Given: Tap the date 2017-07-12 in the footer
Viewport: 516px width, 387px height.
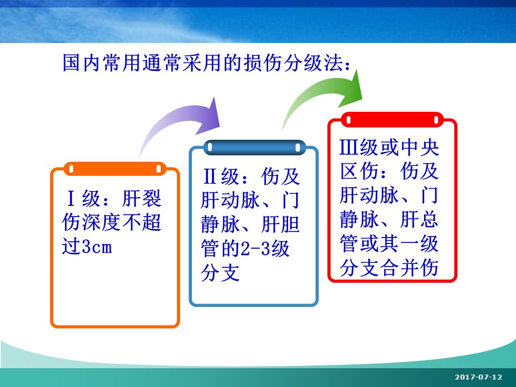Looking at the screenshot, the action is pyautogui.click(x=478, y=377).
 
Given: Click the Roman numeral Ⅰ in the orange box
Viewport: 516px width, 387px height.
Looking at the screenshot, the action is pyautogui.click(x=71, y=198).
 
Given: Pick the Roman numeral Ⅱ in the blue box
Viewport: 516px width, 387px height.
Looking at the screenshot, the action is pyautogui.click(x=210, y=177).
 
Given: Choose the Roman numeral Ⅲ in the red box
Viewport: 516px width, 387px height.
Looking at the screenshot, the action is pyautogui.click(x=349, y=147).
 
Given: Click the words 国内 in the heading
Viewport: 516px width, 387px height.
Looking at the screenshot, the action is pyautogui.click(x=81, y=62).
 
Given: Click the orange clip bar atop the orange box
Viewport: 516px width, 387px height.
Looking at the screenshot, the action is pyautogui.click(x=115, y=169).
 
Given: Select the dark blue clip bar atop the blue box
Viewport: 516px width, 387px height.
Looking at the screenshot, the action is pyautogui.click(x=254, y=147).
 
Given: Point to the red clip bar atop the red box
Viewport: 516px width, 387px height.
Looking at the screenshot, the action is pyautogui.click(x=392, y=120).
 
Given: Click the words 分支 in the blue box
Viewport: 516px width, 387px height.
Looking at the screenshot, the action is pyautogui.click(x=220, y=273).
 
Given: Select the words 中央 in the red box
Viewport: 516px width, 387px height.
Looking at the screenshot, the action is pyautogui.click(x=419, y=147).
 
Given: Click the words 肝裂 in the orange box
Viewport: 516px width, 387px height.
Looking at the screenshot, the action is pyautogui.click(x=141, y=198).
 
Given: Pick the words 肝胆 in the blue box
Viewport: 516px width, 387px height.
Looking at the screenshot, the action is pyautogui.click(x=281, y=225).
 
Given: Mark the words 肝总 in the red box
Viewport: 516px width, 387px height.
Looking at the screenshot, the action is pyautogui.click(x=419, y=219).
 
